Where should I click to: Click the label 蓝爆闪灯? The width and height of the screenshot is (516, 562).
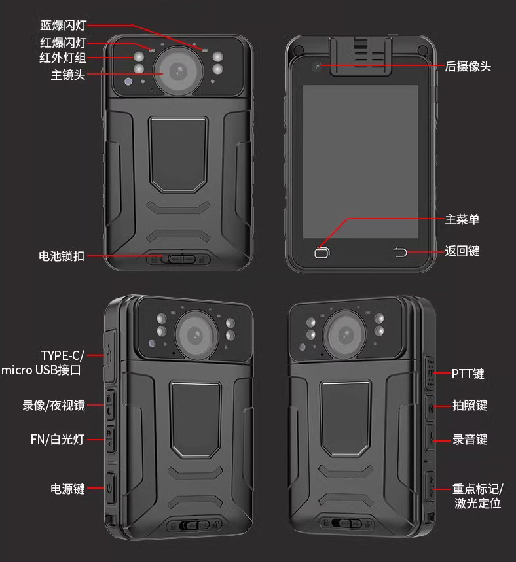63,26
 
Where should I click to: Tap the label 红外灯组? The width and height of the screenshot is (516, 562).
63,58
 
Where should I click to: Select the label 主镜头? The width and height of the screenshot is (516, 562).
68,75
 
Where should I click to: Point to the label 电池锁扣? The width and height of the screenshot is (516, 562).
62,256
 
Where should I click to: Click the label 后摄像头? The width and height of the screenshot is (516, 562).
468,66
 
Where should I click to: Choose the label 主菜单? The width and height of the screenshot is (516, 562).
462,219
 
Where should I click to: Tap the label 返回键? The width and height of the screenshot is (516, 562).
462,251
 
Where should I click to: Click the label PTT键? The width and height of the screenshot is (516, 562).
468,374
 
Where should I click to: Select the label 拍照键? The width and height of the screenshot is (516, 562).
470,406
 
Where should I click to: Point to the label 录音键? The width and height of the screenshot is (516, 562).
470,440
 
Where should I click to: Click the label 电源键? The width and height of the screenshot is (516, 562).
68,489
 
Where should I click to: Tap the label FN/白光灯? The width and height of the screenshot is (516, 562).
58,439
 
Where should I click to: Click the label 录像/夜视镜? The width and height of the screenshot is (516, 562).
54,406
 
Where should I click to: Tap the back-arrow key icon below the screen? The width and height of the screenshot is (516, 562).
400,253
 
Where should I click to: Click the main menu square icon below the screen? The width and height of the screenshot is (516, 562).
322,253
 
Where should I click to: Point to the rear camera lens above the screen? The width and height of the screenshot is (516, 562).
316,67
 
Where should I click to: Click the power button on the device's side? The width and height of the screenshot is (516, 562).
110,488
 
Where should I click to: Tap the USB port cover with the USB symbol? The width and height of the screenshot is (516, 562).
109,355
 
